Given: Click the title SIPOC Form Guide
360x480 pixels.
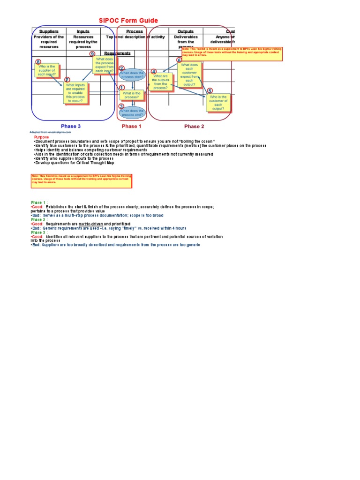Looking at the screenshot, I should (x=128, y=21).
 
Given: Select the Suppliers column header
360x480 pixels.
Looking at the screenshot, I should (x=49, y=31).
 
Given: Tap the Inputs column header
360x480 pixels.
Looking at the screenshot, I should (x=83, y=31).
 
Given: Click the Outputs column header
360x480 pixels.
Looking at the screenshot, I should (x=186, y=31).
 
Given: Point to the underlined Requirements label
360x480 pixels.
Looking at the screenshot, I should (x=117, y=53).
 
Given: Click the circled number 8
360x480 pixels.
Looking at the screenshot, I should (x=38, y=61).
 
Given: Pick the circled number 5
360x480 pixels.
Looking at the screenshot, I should (x=210, y=90).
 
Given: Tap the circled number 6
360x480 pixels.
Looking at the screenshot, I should (x=179, y=60).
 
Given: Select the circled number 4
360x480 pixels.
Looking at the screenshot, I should (x=153, y=71).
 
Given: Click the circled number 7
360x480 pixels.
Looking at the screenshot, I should (x=67, y=80).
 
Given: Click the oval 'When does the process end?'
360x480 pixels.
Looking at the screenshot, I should (x=132, y=112).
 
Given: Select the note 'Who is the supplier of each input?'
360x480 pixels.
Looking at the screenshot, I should (x=47, y=71).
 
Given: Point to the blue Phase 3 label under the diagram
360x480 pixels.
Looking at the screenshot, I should (x=71, y=126).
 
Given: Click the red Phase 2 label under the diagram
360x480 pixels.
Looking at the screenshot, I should (x=194, y=126).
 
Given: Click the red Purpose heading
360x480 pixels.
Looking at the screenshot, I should (x=41, y=137).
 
